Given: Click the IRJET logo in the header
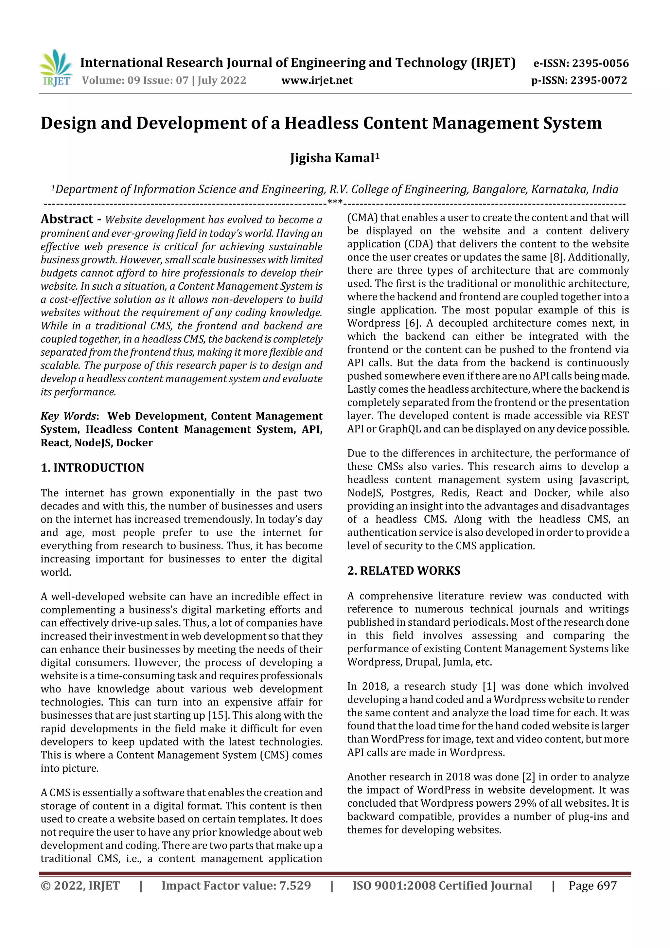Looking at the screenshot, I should tap(56, 68).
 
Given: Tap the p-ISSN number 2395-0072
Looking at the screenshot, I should tap(599, 80).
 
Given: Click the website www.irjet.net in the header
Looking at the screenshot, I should tap(317, 80).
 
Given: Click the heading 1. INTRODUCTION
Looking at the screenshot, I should tap(93, 468).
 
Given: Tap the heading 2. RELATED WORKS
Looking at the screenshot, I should tap(403, 571).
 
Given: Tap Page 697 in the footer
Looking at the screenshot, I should tap(592, 885).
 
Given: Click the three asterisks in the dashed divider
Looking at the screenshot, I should tap(334, 202).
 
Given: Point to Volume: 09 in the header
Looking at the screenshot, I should tap(110, 80).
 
